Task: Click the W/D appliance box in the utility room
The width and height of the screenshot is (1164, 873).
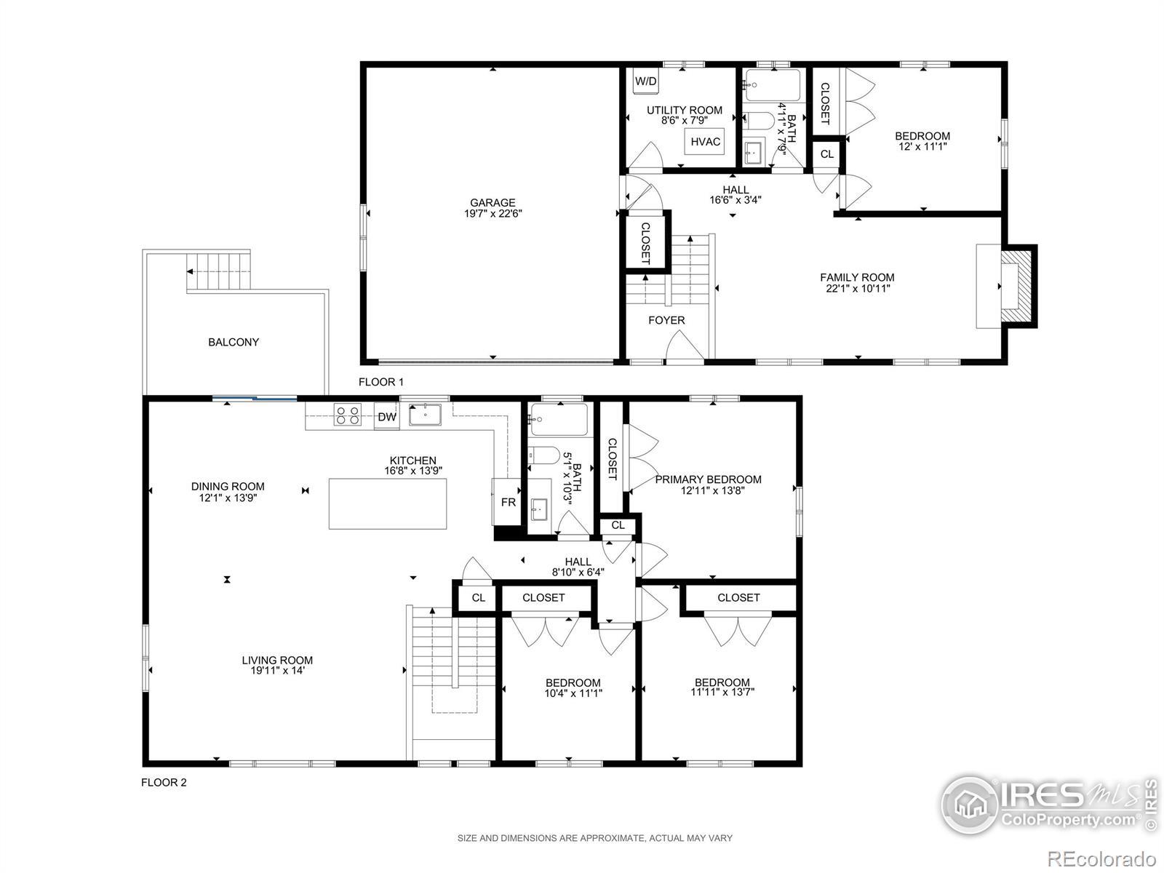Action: click(x=646, y=81)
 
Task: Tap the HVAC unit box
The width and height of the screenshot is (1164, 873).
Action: click(x=705, y=142)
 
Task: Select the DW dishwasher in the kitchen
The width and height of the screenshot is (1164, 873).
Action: click(x=386, y=417)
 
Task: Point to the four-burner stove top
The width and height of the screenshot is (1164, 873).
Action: click(x=348, y=415)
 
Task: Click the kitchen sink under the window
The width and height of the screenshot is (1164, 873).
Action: click(x=425, y=415)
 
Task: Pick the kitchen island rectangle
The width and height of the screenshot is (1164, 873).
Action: click(x=388, y=503)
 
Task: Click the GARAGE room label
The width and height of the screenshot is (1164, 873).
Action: click(x=493, y=202)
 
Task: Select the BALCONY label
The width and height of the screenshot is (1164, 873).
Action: click(x=234, y=343)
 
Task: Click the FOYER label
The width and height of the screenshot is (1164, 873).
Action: click(x=666, y=320)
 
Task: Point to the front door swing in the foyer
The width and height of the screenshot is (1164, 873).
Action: click(x=685, y=346)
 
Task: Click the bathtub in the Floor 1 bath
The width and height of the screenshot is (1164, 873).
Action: click(x=772, y=85)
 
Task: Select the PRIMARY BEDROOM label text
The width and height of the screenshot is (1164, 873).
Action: click(x=708, y=479)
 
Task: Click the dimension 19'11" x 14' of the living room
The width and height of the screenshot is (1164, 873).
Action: click(x=277, y=670)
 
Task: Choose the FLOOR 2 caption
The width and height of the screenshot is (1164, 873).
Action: click(x=164, y=782)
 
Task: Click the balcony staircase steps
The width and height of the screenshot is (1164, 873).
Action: click(x=218, y=271)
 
